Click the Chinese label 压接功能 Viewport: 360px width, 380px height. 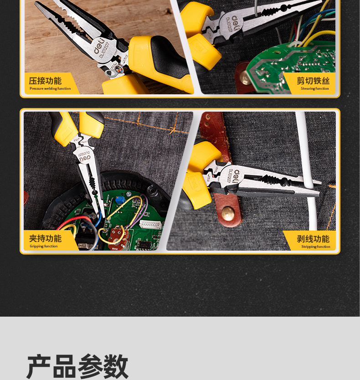tap(45, 81)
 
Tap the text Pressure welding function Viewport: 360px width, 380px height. tap(50, 88)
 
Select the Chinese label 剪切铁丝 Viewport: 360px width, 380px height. tap(313, 81)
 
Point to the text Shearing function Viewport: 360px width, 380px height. tap(315, 88)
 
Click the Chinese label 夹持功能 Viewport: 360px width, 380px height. tap(45, 238)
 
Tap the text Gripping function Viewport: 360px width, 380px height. tap(44, 246)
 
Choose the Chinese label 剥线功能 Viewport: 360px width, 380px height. tap(313, 239)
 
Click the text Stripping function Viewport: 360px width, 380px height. tap(316, 246)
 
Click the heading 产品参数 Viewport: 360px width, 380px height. tap(77, 366)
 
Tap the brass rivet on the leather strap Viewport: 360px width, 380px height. tap(228, 214)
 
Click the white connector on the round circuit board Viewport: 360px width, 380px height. tap(150, 224)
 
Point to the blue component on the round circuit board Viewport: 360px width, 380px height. tap(120, 200)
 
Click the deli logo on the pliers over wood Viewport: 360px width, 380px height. tap(99, 46)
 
